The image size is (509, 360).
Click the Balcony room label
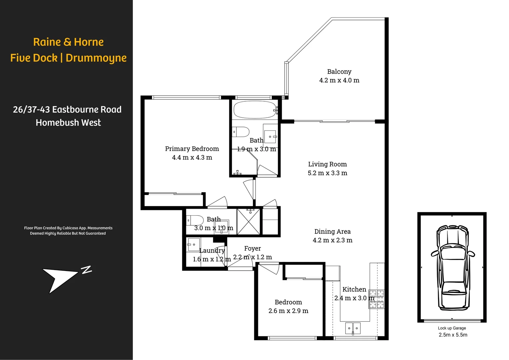339,72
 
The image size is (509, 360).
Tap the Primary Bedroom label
192,149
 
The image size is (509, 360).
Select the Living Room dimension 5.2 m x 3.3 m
327,173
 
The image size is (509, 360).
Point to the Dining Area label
332,231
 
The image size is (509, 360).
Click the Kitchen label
354,289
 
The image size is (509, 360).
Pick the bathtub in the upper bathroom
254,110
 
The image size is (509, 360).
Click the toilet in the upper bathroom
240,132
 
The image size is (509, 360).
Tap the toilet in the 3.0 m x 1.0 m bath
195,220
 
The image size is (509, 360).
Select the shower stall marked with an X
248,221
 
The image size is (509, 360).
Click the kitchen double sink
353,328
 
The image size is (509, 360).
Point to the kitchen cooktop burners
376,299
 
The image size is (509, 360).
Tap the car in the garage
452,267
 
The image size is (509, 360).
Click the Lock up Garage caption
452,328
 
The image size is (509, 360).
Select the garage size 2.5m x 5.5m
453,335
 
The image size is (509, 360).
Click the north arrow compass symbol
63,277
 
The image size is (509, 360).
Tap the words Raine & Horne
68,42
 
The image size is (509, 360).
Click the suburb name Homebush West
68,123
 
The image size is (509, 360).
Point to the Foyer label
253,248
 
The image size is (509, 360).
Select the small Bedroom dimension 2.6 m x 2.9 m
288,311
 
